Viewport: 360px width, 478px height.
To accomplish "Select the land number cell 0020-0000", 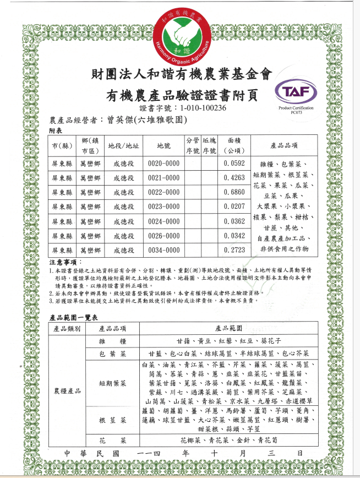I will click(x=164, y=164).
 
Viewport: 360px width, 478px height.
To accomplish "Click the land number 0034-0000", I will click(x=164, y=249).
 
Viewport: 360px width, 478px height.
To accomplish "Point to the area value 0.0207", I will click(x=234, y=207).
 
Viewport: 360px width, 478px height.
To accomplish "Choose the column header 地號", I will click(x=164, y=146).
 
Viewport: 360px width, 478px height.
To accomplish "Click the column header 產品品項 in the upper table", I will click(x=285, y=146).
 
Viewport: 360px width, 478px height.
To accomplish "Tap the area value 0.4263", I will click(x=234, y=178).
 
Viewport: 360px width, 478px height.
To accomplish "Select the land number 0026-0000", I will click(x=164, y=235).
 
